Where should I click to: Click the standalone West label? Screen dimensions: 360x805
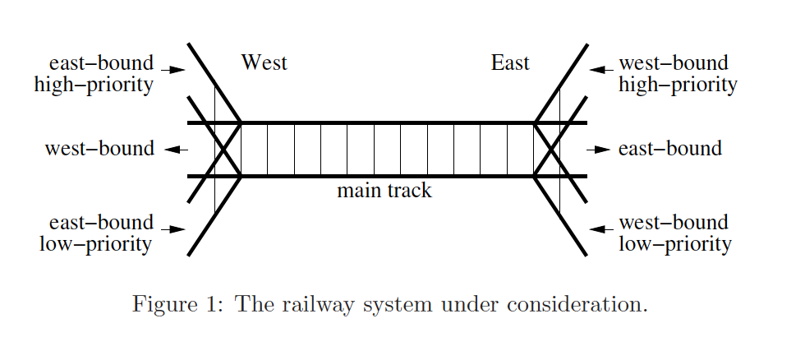(x=264, y=63)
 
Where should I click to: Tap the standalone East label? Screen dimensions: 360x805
(x=510, y=63)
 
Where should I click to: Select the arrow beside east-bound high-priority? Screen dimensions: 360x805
(x=173, y=70)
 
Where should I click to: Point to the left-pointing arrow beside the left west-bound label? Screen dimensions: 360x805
(x=176, y=150)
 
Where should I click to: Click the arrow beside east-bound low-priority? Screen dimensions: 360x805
(x=173, y=229)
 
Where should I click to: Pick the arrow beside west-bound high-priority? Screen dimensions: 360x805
(x=601, y=70)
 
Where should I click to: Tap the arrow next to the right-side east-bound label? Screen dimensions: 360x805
(x=599, y=150)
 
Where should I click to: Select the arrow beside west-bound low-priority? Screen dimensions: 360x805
(x=601, y=229)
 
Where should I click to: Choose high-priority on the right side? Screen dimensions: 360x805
(x=678, y=85)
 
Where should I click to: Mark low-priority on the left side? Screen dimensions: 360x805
(x=95, y=245)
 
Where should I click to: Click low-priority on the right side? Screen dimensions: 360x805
(x=674, y=245)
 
